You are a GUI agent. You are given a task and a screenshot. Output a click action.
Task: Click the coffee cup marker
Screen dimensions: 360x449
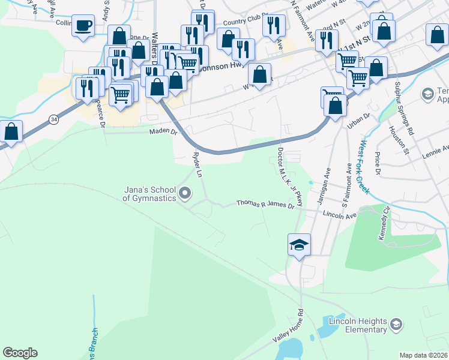(83, 26)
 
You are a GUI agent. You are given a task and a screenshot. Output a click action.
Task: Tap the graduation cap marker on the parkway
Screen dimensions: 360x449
(299, 245)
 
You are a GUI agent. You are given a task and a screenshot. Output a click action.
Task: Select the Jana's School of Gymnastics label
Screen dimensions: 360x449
(149, 193)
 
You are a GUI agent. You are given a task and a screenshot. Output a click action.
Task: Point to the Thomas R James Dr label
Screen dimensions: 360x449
(265, 204)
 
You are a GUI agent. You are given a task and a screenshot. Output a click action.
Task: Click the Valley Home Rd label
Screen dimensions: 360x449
(289, 327)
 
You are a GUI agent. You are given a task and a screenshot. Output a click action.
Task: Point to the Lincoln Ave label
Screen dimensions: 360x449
(339, 214)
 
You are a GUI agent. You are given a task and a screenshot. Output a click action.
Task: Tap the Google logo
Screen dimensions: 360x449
(20, 353)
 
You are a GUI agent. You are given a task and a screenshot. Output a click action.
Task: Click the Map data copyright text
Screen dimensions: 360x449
(424, 355)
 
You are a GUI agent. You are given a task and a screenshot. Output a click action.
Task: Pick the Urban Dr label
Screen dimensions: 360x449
(358, 122)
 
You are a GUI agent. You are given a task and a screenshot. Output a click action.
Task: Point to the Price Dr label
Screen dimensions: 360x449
(378, 163)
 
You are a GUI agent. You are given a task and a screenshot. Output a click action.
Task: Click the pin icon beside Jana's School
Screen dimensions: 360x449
(185, 193)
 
